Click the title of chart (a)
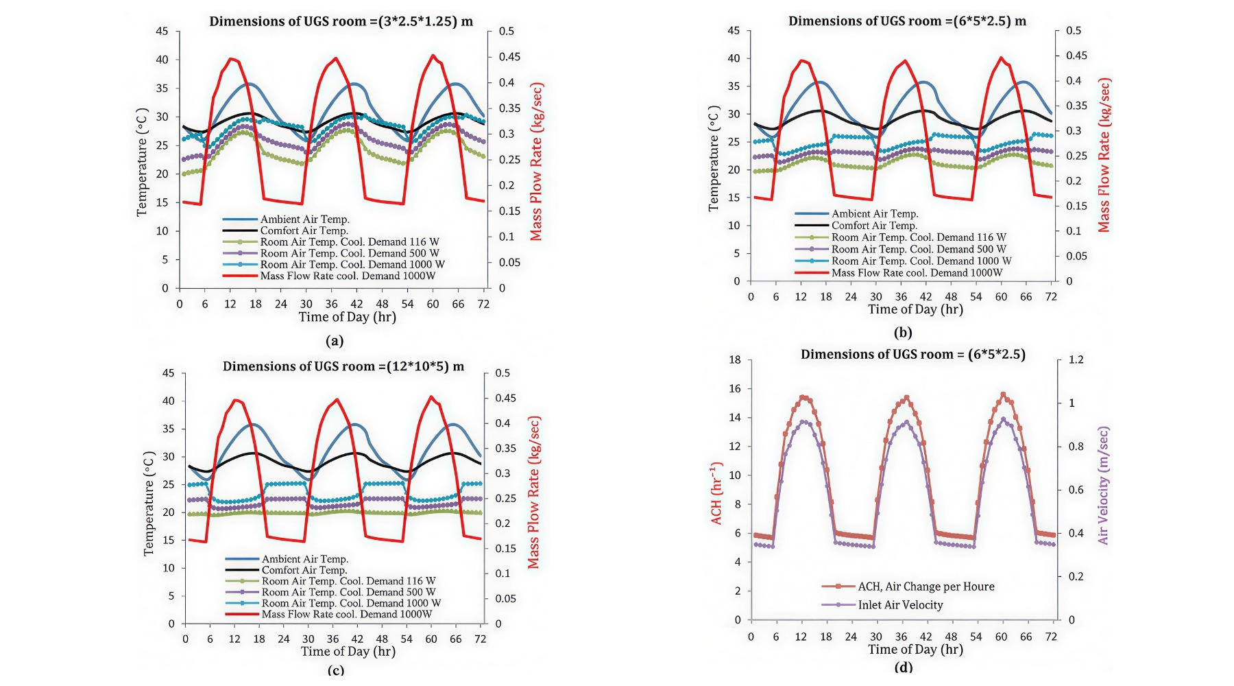click(341, 21)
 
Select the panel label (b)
click(902, 333)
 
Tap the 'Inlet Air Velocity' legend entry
click(900, 605)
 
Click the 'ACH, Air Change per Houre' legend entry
click(925, 587)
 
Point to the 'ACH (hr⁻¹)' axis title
click(716, 493)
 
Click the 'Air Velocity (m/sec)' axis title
click(1103, 486)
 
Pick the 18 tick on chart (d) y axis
click(734, 359)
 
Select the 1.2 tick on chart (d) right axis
click(1076, 359)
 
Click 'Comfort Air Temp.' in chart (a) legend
click(304, 230)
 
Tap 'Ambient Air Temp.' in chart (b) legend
click(875, 214)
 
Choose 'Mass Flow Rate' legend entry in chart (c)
click(346, 614)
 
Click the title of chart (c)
click(343, 366)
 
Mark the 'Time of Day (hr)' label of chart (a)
click(347, 317)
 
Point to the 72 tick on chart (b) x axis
click(1051, 297)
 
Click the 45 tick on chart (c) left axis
click(169, 373)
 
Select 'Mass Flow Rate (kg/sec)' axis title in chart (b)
click(1104, 155)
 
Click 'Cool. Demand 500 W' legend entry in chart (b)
click(919, 249)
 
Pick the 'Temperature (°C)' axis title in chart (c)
click(149, 504)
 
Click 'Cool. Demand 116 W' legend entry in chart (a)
click(349, 242)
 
